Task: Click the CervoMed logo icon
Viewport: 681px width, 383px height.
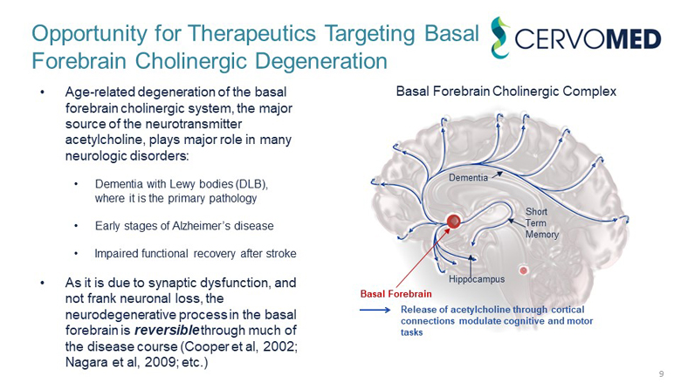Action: (x=500, y=39)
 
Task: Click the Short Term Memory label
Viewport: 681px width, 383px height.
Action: (x=541, y=223)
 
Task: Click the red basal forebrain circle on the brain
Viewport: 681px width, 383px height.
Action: (x=453, y=222)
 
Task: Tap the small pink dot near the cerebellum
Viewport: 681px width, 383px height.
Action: (x=524, y=270)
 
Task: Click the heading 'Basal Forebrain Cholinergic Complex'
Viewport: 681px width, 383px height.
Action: (x=506, y=91)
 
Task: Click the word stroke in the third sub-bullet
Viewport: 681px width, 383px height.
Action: (x=278, y=254)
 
